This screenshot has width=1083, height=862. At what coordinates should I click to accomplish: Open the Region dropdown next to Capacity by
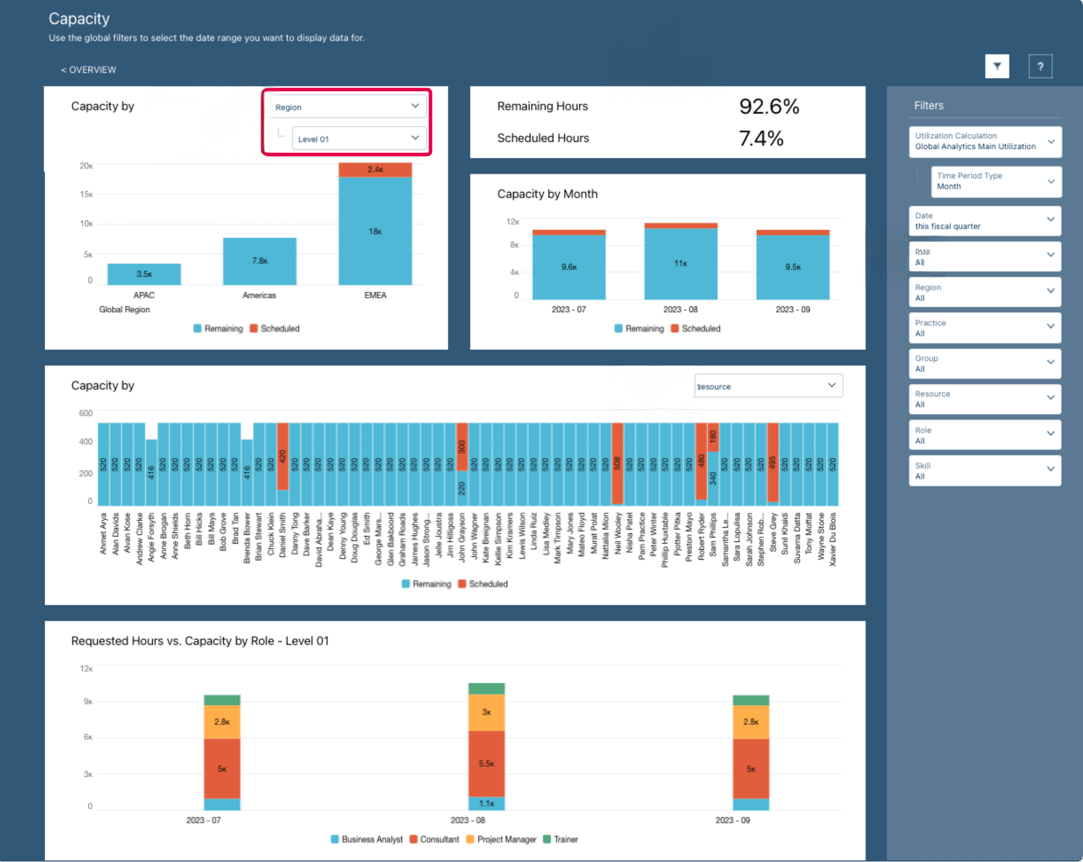click(x=347, y=106)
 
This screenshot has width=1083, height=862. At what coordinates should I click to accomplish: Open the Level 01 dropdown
click(x=359, y=139)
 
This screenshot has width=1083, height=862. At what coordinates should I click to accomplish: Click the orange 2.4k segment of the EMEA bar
click(x=375, y=169)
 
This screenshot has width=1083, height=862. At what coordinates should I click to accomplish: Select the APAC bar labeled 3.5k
click(x=144, y=274)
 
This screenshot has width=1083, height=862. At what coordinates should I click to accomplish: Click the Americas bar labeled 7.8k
click(x=259, y=261)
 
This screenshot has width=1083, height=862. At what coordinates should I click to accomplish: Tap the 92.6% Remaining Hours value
click(x=769, y=106)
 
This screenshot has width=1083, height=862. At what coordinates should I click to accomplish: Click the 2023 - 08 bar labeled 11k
click(x=680, y=263)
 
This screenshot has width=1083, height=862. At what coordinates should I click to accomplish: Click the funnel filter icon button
click(x=996, y=66)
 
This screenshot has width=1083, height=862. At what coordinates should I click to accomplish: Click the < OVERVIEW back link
click(x=88, y=70)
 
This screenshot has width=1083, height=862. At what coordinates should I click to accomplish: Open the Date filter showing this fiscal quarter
click(x=985, y=221)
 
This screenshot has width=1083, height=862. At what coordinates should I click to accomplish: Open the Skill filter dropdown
click(x=985, y=470)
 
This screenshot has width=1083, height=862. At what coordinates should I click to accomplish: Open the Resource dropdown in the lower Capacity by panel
click(x=768, y=386)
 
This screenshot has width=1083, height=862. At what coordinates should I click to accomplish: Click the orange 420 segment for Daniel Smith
click(x=282, y=456)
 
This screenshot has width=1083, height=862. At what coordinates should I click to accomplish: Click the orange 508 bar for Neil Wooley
click(x=617, y=462)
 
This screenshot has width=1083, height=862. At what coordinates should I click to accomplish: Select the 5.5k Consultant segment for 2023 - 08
click(x=486, y=763)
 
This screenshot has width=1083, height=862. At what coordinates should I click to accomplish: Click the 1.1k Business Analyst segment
click(x=486, y=803)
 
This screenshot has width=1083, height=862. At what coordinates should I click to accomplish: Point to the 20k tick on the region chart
click(x=86, y=166)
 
